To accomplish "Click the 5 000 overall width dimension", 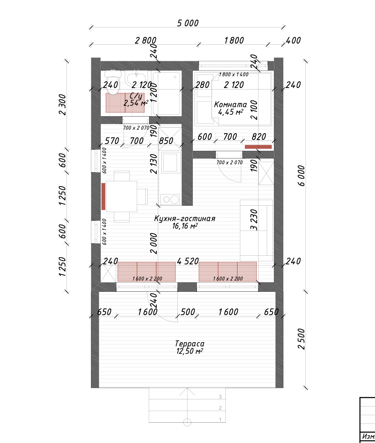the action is click(188, 23).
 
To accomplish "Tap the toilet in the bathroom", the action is click(113, 77).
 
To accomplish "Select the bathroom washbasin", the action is click(136, 79).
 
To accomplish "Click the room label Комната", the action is click(230, 105).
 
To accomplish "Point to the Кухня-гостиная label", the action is click(184, 218).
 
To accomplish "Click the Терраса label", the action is click(189, 344).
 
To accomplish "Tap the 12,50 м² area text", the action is click(189, 351).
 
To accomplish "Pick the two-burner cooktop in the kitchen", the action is click(170, 199).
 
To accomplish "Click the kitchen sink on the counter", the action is click(170, 162).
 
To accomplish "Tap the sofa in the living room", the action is click(256, 230).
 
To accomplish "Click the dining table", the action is click(122, 196).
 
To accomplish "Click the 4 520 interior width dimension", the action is click(188, 261).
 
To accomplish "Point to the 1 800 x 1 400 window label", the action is click(233, 74).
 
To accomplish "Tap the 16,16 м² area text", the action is click(184, 226).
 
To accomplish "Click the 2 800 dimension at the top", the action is click(145, 40).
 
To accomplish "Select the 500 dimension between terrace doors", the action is click(188, 312).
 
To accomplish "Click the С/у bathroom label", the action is click(136, 96).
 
